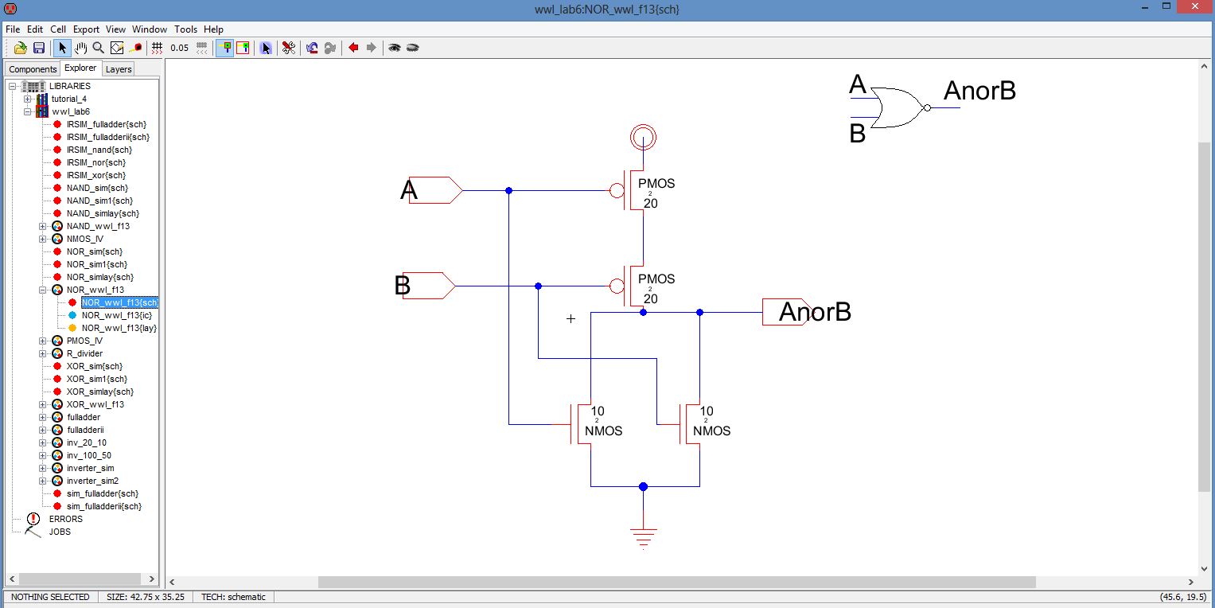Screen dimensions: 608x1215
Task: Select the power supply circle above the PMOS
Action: click(643, 138)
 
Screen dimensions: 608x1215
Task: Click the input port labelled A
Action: click(434, 190)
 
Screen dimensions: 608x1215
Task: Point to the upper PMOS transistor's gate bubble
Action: click(617, 190)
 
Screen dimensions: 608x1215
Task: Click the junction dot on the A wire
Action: click(509, 190)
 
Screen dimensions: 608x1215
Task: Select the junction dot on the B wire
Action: click(539, 286)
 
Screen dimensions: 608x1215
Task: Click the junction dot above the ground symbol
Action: click(643, 486)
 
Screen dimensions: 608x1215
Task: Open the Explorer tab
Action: click(80, 68)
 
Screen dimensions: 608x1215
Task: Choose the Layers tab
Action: click(119, 69)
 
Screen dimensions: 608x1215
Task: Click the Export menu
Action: click(86, 29)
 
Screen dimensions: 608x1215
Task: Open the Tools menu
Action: click(185, 29)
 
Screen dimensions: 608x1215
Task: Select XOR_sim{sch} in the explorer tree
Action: click(95, 366)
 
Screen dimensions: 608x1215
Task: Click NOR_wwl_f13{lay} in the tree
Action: click(119, 328)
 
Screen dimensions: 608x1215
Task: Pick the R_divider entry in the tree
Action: click(84, 353)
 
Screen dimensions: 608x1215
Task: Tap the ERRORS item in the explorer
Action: click(65, 519)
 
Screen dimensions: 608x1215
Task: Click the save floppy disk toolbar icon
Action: click(39, 48)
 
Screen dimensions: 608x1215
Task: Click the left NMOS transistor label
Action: click(603, 431)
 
